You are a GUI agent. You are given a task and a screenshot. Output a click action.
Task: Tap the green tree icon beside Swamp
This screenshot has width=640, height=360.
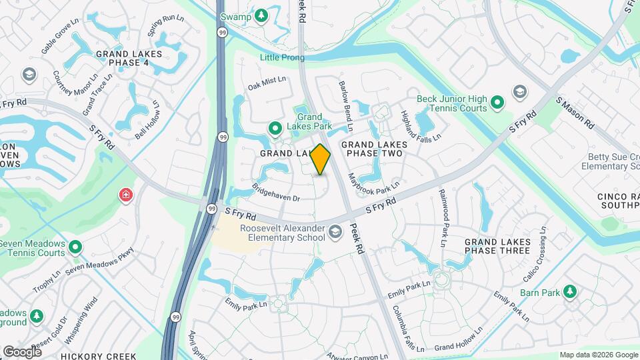tap(262, 15)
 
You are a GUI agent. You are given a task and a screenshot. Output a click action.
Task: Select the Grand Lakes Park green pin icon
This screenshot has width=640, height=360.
tap(274, 128)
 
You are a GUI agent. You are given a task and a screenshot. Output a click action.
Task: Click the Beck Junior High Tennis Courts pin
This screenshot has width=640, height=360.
tap(497, 103)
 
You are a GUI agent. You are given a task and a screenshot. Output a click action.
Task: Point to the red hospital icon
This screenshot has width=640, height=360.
tap(125, 195)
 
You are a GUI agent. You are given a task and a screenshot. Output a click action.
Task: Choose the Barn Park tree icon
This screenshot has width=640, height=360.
tap(569, 291)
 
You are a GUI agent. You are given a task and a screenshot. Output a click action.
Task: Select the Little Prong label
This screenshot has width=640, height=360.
tap(282, 58)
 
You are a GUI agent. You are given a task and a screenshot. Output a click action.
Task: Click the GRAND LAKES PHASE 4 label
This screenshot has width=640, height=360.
tap(122, 58)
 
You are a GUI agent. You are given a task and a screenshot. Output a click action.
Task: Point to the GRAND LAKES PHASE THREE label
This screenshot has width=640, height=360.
tap(497, 246)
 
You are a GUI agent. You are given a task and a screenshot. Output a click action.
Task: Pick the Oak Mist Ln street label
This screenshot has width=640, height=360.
tap(267, 83)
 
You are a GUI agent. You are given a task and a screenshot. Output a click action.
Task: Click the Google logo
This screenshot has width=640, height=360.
tap(22, 351)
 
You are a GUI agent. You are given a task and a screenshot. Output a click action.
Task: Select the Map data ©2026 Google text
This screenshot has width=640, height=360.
tap(598, 355)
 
